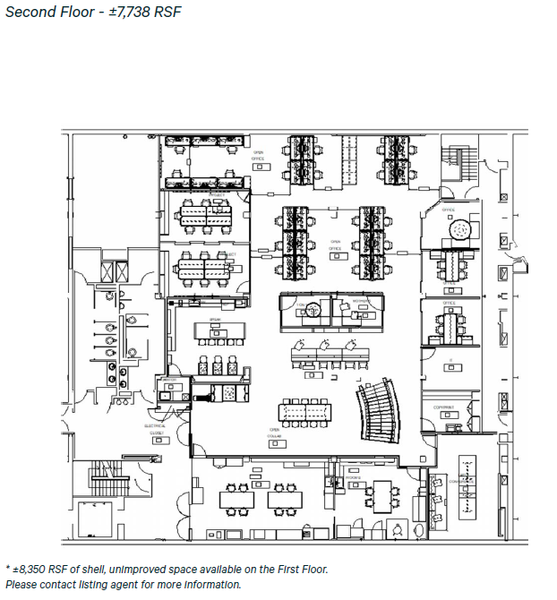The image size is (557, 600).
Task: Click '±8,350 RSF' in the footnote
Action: tap(45, 569)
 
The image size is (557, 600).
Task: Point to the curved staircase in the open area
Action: tap(378, 412)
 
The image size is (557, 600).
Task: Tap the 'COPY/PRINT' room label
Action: tap(444, 407)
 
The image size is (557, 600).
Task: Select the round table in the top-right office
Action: tap(460, 230)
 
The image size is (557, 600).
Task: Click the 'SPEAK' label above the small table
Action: tap(215, 320)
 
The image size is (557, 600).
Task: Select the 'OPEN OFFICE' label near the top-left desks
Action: tap(259, 156)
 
